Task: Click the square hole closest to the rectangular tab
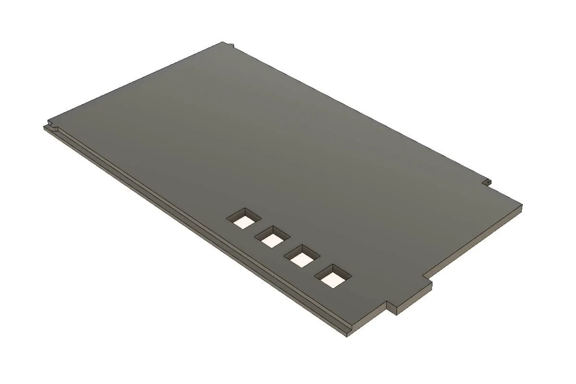click(333, 276)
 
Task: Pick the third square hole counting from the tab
click(273, 238)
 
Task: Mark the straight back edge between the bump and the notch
click(360, 113)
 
